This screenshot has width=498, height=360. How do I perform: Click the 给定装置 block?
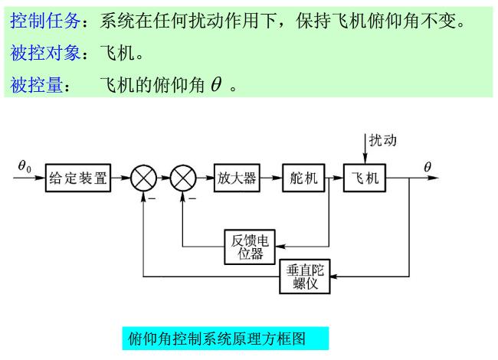click(78, 179)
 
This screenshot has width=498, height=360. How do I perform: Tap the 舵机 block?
click(303, 179)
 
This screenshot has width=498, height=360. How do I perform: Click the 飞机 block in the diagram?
click(364, 179)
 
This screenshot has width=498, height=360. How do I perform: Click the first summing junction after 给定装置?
click(143, 179)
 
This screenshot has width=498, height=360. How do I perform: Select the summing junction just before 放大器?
click(184, 179)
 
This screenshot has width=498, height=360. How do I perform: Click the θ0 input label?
click(25, 166)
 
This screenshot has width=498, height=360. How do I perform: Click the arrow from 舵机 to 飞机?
click(333, 179)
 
